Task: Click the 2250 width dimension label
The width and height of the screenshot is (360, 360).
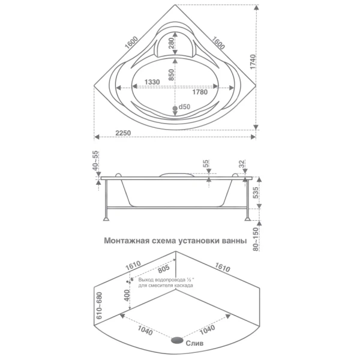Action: (x=123, y=133)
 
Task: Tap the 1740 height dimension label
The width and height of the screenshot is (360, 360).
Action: (x=253, y=62)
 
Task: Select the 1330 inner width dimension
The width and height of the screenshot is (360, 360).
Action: (x=152, y=82)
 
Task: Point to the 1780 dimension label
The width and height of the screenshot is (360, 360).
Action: (x=200, y=92)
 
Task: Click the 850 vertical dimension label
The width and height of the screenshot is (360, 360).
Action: (x=171, y=75)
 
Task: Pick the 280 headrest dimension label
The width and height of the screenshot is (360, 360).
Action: (x=171, y=43)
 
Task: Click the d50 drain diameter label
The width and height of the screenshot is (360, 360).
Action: (x=184, y=107)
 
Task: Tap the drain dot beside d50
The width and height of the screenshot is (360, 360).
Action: (x=175, y=108)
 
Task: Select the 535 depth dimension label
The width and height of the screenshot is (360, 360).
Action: (x=256, y=193)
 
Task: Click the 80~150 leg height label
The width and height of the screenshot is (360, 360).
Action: (x=256, y=239)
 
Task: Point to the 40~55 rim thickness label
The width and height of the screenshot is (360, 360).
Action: (x=95, y=160)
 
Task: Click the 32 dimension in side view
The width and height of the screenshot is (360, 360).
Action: (x=242, y=164)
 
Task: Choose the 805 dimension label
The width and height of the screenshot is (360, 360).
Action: (x=164, y=269)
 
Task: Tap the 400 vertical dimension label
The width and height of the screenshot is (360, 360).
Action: (x=127, y=296)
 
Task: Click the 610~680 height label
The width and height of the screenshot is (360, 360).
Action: (x=99, y=305)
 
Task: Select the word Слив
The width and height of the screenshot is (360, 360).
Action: (x=194, y=343)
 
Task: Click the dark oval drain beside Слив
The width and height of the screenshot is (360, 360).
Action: (x=177, y=340)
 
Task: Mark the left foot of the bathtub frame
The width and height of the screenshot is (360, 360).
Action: (x=106, y=219)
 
